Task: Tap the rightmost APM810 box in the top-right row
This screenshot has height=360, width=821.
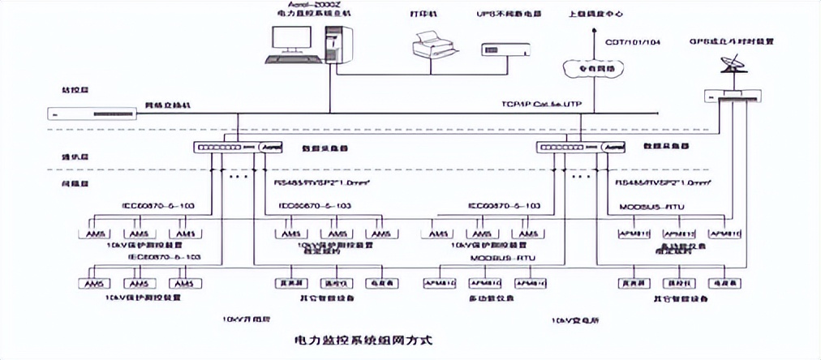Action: pos(724,234)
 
